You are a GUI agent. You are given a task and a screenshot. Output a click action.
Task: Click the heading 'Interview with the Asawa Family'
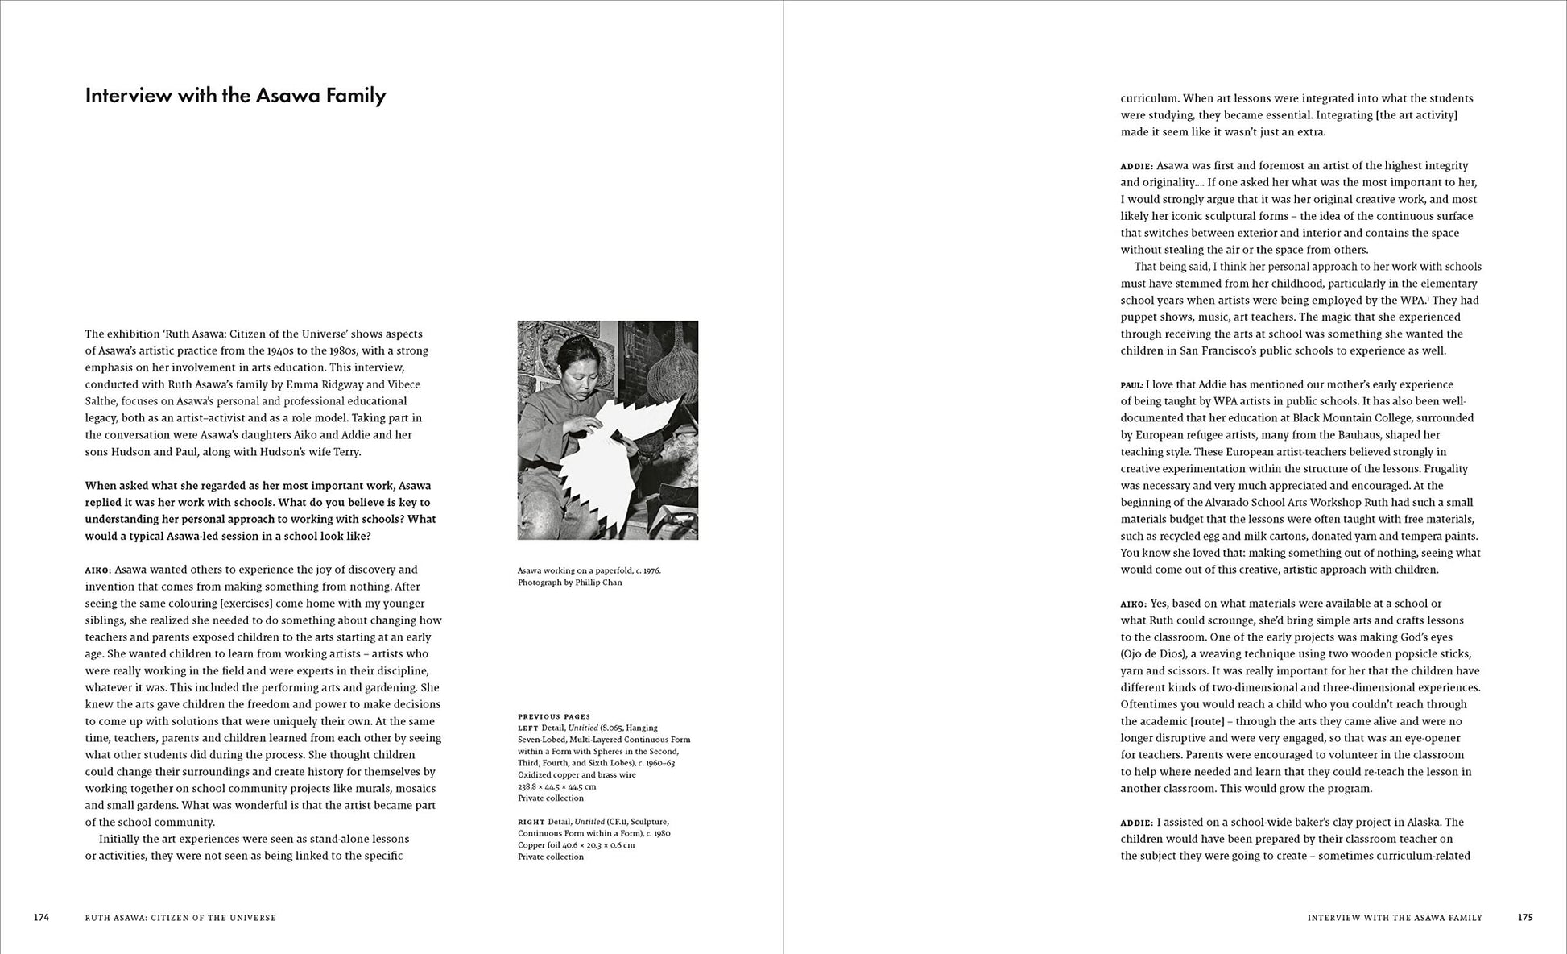(235, 96)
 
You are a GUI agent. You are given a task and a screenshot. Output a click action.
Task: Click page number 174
(41, 917)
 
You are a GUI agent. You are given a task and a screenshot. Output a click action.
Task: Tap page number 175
(1525, 917)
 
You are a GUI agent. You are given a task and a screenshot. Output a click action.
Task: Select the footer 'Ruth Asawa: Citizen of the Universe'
(180, 918)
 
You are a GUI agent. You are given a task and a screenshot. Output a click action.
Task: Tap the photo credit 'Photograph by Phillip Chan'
(569, 583)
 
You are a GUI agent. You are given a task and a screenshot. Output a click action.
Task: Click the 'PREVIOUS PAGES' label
(554, 716)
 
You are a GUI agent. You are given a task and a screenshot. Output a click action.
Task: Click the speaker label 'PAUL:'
(1131, 385)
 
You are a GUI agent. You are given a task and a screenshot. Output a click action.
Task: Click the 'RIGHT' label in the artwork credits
(531, 822)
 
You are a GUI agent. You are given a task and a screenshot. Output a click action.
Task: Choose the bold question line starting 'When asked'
(258, 486)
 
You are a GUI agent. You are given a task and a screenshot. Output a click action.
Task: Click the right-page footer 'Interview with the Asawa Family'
(1395, 918)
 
